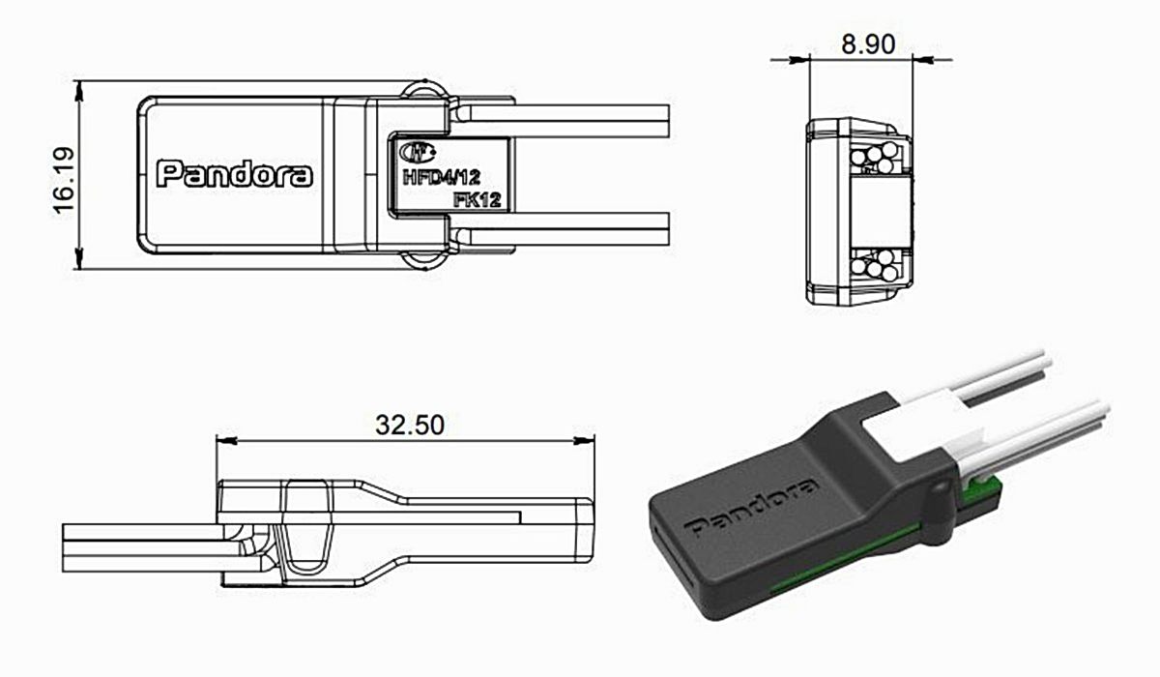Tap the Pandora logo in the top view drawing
[235, 174]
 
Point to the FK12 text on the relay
[476, 198]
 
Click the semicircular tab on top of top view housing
[424, 91]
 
